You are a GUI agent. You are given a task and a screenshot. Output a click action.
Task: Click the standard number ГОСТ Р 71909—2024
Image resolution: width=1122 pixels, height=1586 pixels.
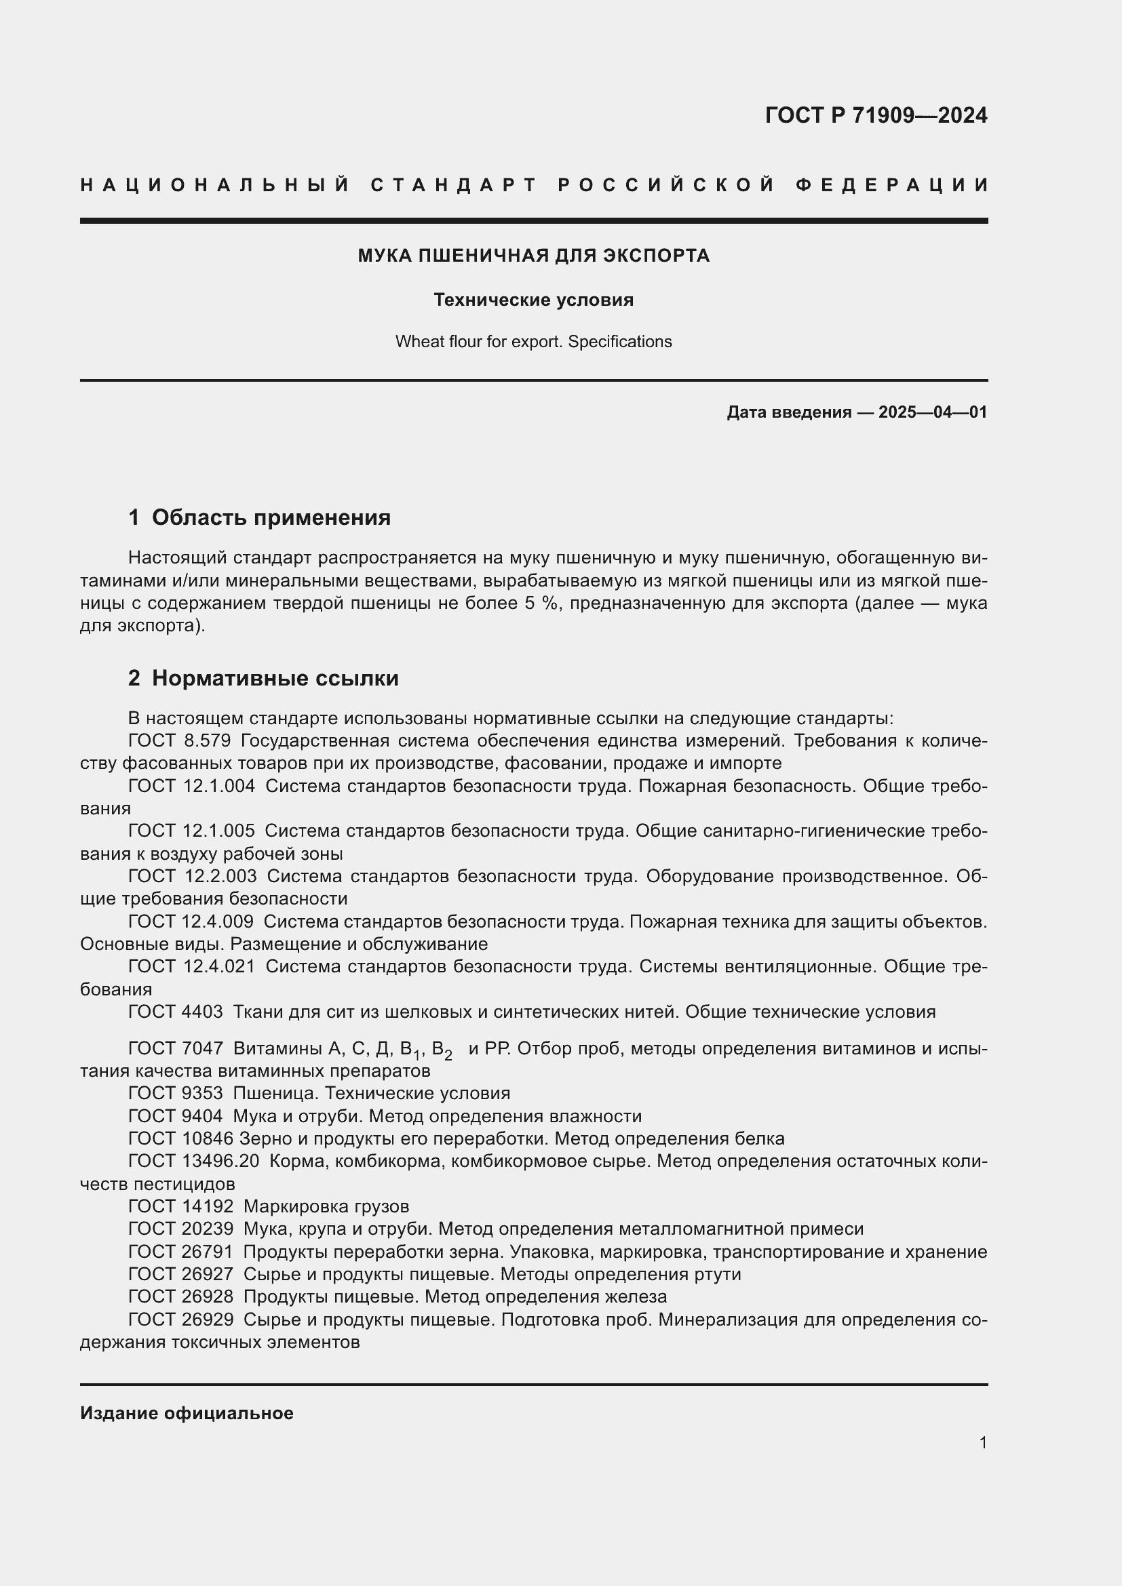point(875,115)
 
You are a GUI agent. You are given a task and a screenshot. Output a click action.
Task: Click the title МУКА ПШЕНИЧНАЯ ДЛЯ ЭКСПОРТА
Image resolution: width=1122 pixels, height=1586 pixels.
point(533,256)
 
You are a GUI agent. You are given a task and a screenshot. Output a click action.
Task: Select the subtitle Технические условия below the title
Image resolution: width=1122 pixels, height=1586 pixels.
point(533,300)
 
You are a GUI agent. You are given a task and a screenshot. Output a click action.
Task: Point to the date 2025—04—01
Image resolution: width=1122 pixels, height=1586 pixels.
point(932,412)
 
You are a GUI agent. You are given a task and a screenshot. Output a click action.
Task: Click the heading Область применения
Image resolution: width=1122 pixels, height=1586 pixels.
point(271,517)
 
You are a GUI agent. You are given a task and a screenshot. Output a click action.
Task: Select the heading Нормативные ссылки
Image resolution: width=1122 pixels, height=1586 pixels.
point(275,678)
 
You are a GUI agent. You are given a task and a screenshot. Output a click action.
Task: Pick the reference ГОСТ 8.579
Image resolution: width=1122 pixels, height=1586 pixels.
point(179,741)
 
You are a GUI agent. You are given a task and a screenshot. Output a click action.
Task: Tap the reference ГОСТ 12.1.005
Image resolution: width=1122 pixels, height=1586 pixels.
point(191,831)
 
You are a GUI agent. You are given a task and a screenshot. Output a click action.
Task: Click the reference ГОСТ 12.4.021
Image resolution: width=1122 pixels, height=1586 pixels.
point(191,966)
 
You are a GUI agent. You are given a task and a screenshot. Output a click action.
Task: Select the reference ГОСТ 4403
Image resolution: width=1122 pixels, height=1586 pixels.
point(176,1012)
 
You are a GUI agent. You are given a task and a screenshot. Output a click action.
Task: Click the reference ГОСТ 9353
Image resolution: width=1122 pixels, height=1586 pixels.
point(176,1094)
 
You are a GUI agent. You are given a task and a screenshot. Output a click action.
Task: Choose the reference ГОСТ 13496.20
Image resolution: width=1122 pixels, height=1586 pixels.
point(193,1161)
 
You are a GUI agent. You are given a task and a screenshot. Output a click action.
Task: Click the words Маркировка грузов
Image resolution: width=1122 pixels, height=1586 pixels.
point(326,1207)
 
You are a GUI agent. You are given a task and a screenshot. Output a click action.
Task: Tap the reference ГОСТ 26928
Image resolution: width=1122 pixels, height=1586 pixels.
point(180,1296)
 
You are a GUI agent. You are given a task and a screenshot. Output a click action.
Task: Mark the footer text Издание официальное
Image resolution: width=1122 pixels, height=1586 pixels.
point(187,1413)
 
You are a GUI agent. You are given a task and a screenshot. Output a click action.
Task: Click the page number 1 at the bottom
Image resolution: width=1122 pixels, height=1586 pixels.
point(982,1443)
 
